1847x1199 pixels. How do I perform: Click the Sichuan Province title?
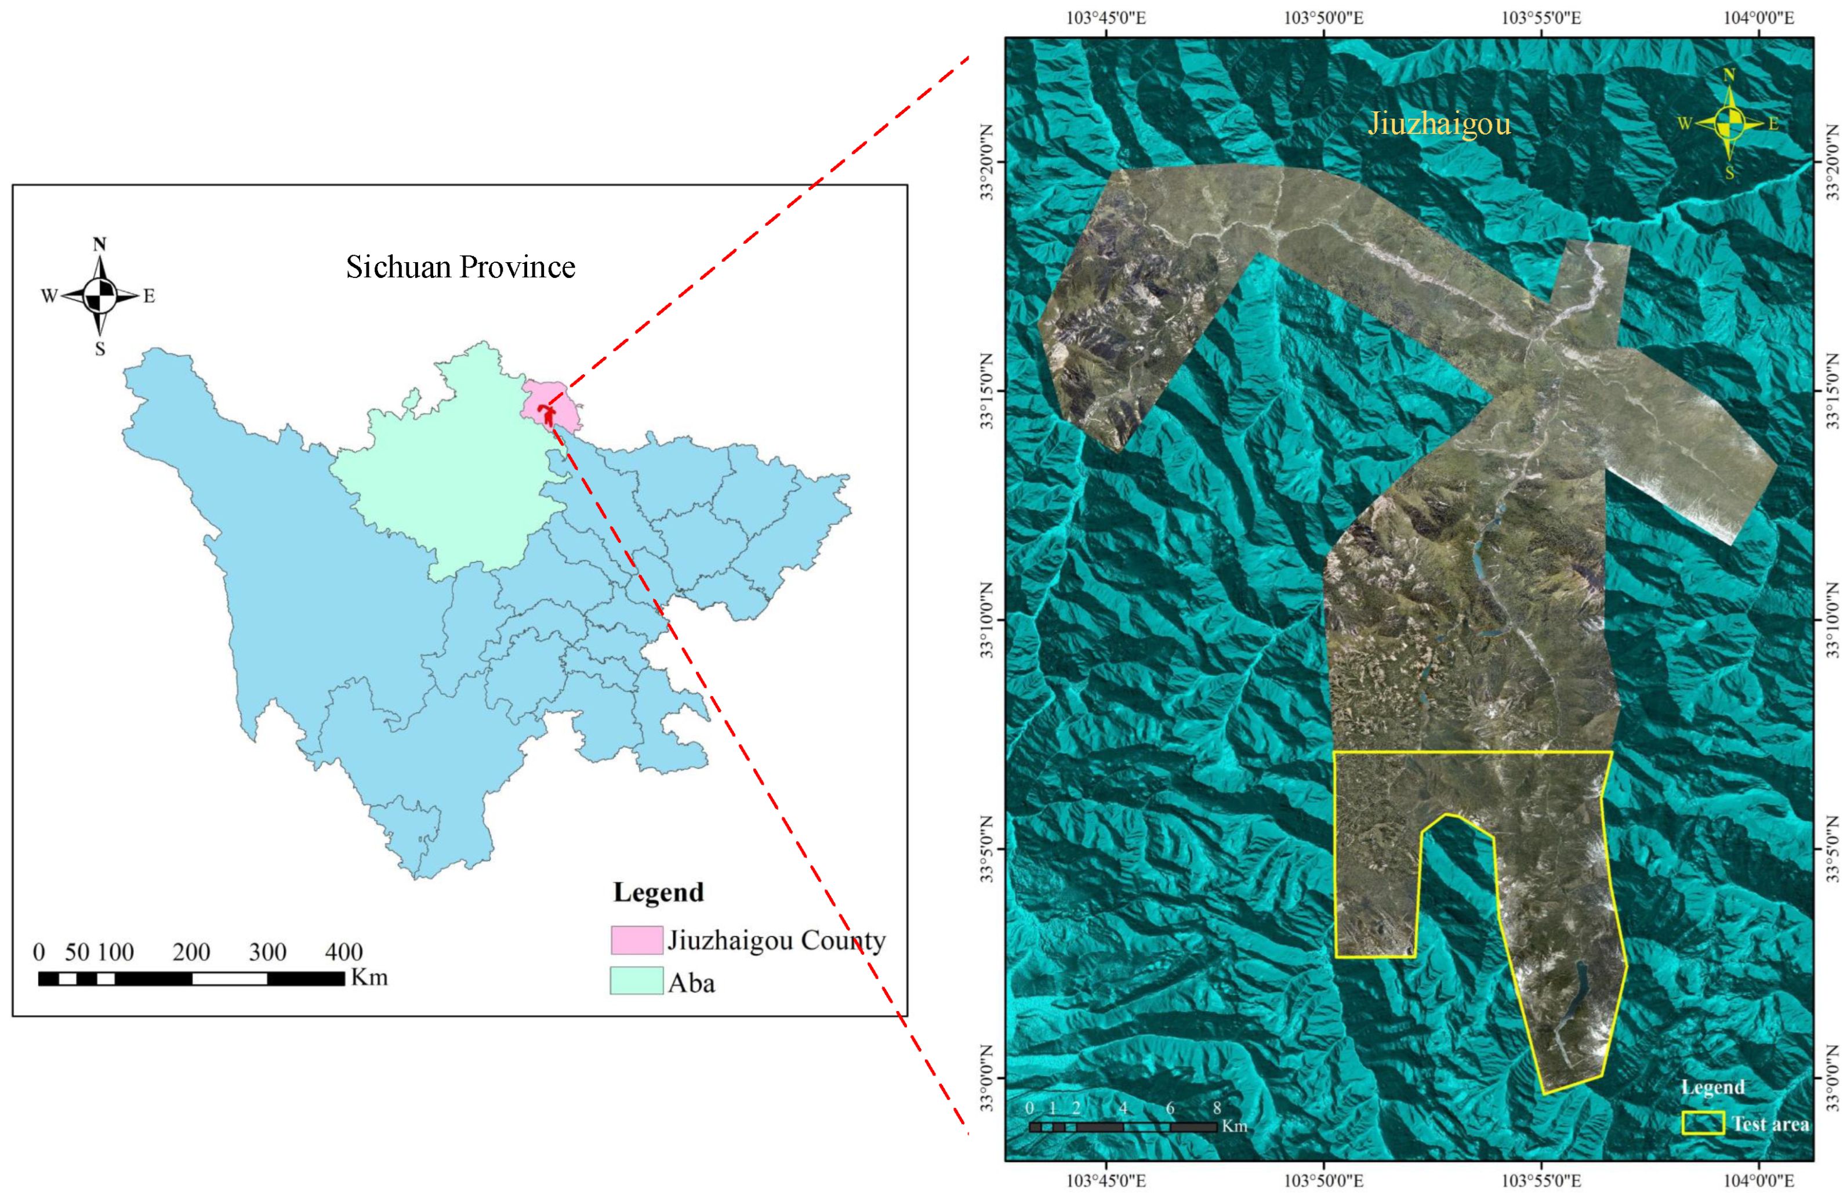click(460, 267)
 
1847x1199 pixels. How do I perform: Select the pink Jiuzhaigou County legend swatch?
click(636, 940)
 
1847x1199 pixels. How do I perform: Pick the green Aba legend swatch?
click(636, 980)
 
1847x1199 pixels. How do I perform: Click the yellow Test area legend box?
click(1703, 1123)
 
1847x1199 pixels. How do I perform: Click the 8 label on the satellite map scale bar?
click(1217, 1107)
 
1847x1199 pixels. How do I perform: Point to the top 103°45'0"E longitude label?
click(1106, 17)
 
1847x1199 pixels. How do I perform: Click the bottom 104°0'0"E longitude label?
click(1758, 1181)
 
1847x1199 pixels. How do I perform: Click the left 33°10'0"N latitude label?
click(987, 620)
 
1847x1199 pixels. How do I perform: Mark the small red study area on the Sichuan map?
click(548, 414)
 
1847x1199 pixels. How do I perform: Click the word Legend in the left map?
click(658, 893)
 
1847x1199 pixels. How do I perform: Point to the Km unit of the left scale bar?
click(369, 976)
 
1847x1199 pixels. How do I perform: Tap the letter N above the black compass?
click(99, 244)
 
